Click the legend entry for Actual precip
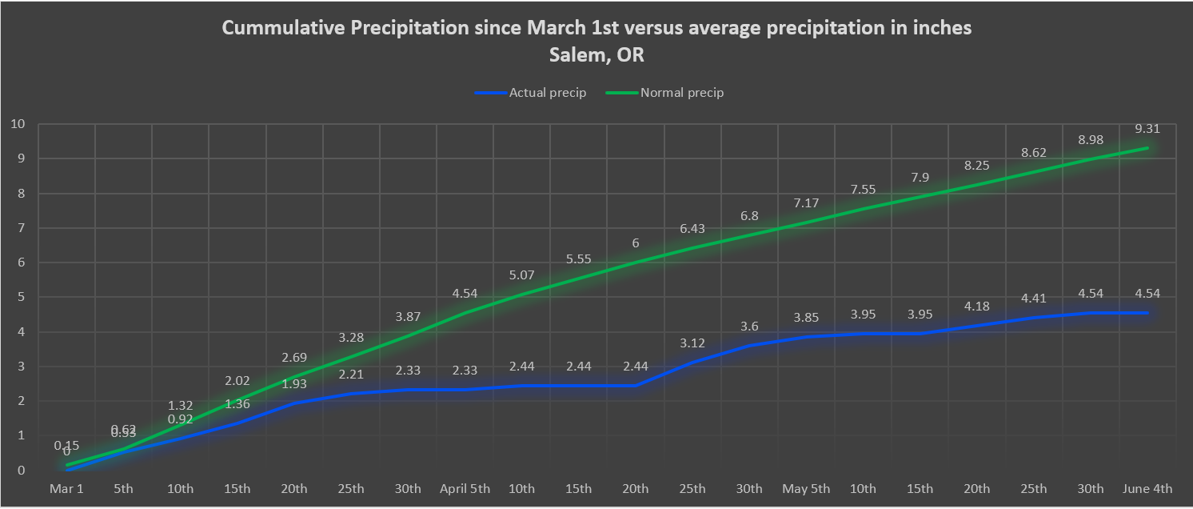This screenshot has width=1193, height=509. [x=548, y=93]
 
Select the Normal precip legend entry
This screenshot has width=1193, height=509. [x=681, y=93]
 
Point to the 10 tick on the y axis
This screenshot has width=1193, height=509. [x=17, y=124]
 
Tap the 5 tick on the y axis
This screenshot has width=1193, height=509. [x=21, y=297]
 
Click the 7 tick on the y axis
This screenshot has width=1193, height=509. [x=21, y=228]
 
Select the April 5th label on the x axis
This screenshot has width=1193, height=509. [x=464, y=489]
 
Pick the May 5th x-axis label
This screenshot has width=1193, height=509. [x=806, y=489]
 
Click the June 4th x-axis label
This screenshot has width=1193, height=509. [x=1147, y=489]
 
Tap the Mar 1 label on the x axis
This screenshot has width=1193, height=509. [x=66, y=489]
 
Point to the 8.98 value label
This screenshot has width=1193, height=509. [x=1091, y=139]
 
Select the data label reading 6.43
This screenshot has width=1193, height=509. [x=692, y=228]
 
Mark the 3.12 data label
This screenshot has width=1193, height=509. [x=692, y=343]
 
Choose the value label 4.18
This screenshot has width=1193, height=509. [x=977, y=306]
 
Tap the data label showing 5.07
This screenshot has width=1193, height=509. [x=521, y=275]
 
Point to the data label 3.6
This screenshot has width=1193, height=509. [x=749, y=326]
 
